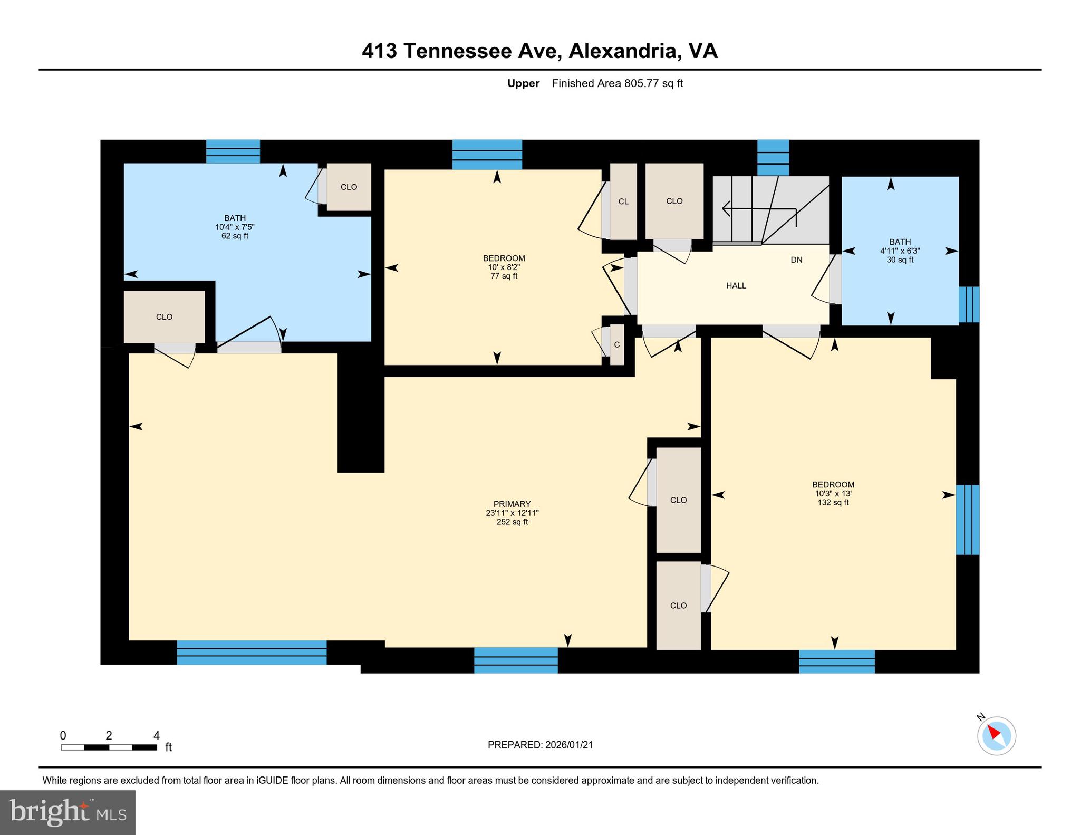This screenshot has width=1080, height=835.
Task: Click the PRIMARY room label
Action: click(512, 504)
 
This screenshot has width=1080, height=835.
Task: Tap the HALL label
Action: click(736, 286)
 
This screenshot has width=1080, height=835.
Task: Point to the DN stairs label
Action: click(796, 260)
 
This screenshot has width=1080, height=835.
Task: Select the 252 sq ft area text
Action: click(512, 522)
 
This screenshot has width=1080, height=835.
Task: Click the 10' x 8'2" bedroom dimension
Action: click(504, 267)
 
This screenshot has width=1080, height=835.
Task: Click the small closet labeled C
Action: click(616, 345)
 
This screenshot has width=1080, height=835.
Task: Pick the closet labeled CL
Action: click(623, 201)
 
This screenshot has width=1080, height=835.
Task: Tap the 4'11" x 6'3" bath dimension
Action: click(900, 251)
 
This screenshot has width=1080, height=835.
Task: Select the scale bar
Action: click(109, 747)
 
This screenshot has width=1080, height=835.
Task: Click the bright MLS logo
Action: click(67, 812)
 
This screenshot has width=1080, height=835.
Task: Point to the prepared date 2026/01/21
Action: click(540, 745)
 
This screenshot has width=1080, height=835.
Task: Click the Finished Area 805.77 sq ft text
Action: click(617, 83)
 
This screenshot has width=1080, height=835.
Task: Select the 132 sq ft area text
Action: click(833, 503)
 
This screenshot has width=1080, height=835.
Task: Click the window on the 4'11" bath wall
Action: click(969, 304)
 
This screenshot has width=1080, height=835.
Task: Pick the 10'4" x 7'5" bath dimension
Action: click(235, 227)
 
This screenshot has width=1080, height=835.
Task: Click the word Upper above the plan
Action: click(523, 83)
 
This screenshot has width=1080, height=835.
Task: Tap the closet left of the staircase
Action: click(674, 201)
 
